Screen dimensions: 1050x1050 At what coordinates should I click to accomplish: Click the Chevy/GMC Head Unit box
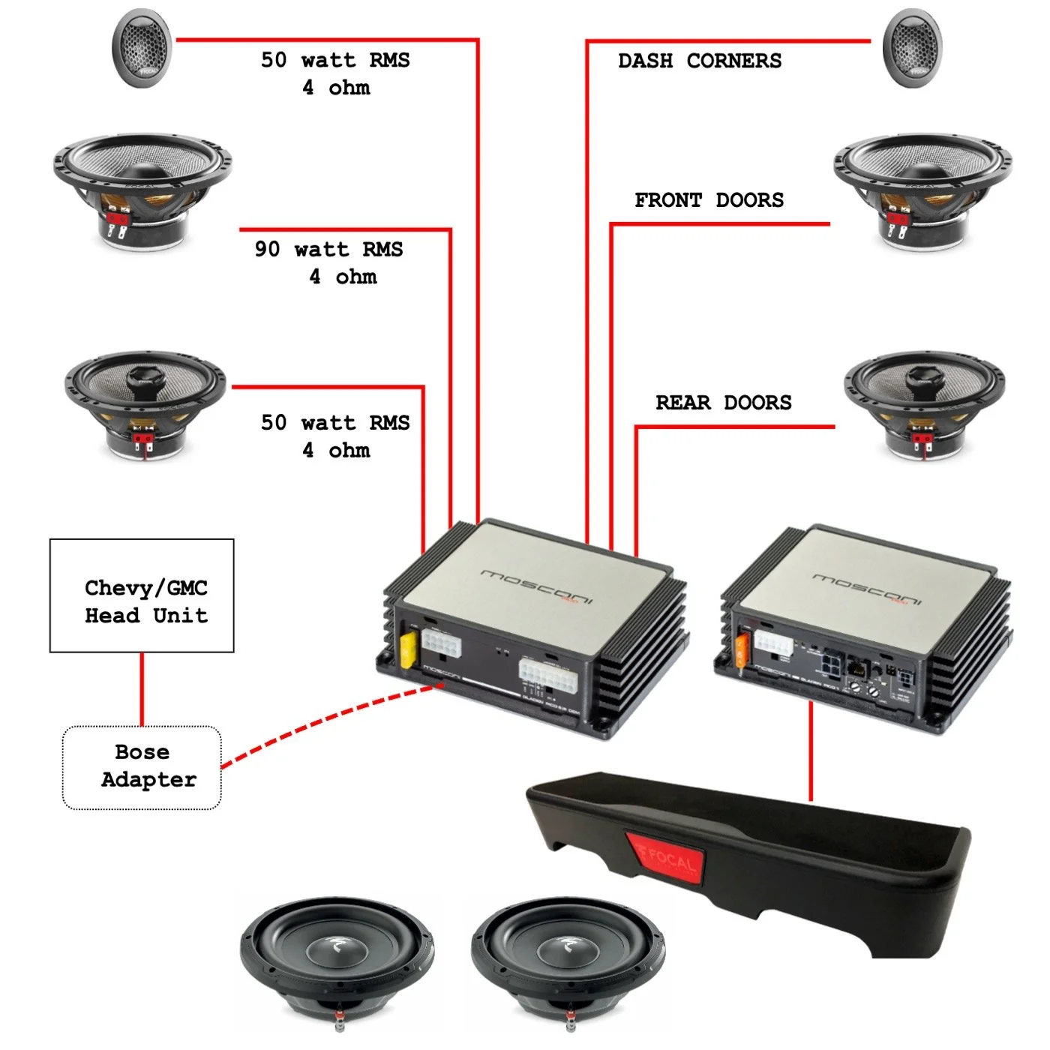142,595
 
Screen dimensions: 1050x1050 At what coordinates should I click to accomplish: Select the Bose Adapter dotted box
142,767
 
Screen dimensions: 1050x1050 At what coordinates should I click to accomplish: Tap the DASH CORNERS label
699,61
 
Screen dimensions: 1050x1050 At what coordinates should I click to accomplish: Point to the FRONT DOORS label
709,200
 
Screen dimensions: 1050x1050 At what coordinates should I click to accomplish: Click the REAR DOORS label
723,403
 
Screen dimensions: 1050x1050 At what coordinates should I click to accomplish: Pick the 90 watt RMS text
328,249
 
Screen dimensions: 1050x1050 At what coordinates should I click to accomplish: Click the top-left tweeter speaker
142,48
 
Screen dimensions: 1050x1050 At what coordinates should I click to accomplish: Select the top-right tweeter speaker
912,48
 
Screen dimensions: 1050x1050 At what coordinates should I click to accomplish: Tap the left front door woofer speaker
142,187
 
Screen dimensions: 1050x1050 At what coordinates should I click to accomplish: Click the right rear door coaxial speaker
924,401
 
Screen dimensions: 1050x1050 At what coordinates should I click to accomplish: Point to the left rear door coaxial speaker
145,401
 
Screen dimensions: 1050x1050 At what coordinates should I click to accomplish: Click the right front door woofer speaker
922,187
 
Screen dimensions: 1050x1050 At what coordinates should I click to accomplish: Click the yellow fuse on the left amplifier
409,649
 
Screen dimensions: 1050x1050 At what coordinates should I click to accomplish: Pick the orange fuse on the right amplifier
742,649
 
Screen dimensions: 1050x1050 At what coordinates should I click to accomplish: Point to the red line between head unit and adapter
142,688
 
